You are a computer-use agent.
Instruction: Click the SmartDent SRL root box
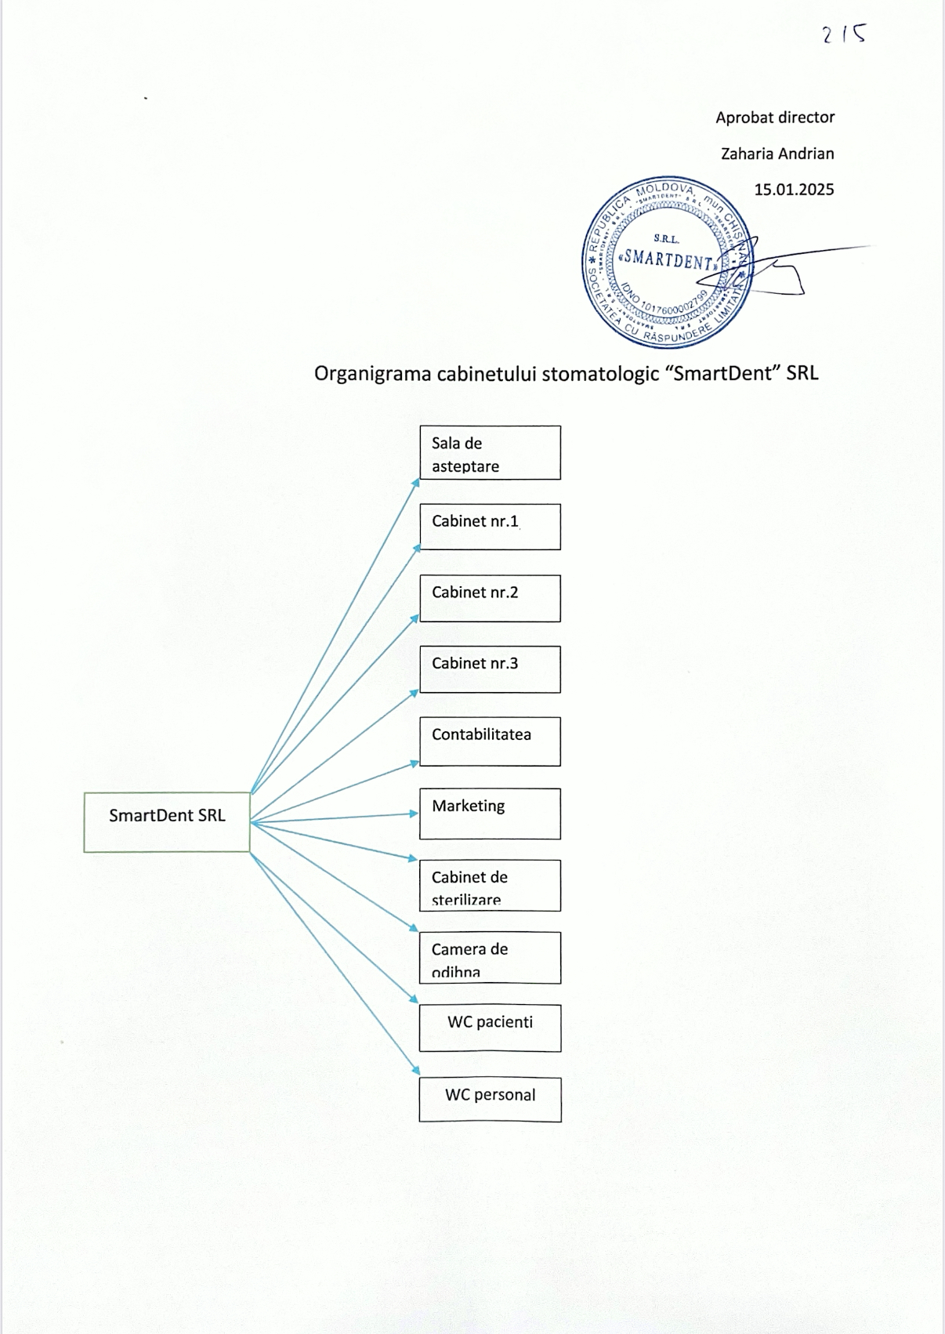tap(167, 821)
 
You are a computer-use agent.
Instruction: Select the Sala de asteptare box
tap(490, 453)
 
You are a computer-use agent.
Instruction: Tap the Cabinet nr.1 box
tap(490, 527)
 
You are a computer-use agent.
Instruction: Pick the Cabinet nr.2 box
tap(490, 598)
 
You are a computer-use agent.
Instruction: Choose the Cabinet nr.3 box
tap(490, 669)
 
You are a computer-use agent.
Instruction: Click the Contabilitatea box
tap(490, 741)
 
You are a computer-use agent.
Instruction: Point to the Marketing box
tap(490, 814)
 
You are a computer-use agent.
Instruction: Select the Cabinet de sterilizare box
tap(490, 886)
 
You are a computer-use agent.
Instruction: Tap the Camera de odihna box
tap(490, 958)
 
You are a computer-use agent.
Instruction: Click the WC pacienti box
tap(490, 1028)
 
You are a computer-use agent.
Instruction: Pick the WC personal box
tap(490, 1100)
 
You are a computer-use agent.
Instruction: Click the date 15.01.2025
tap(794, 190)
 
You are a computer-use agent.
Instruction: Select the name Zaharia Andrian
tap(777, 154)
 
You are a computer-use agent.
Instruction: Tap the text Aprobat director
tap(775, 118)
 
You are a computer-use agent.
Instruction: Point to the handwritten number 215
tap(844, 34)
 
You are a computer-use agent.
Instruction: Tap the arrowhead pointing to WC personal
tap(415, 1070)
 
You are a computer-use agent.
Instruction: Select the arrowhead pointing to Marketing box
tap(414, 814)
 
